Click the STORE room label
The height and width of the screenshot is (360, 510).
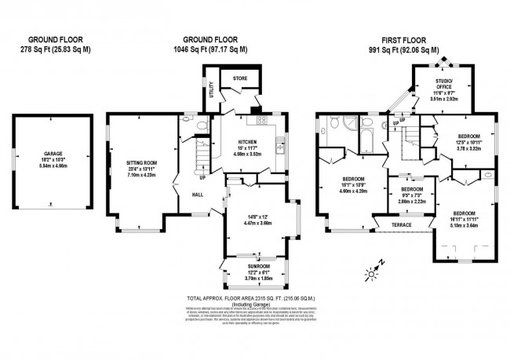coord(239,78)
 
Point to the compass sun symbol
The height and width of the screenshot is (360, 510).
coord(371,272)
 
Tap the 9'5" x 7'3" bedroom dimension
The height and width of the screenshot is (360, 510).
coord(412,197)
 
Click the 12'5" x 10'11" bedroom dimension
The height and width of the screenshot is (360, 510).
coord(474,142)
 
